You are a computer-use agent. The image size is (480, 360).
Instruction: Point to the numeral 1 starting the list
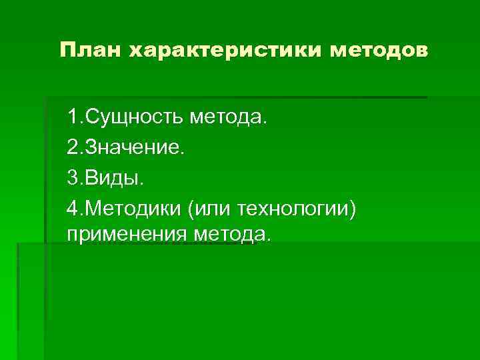tap(72, 118)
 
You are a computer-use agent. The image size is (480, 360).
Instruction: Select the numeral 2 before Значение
tap(72, 148)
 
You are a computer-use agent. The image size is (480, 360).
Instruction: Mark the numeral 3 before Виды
tap(72, 178)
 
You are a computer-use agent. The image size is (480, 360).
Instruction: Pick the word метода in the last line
tap(230, 234)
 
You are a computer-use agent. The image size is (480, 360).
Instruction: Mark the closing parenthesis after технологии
tap(353, 209)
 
